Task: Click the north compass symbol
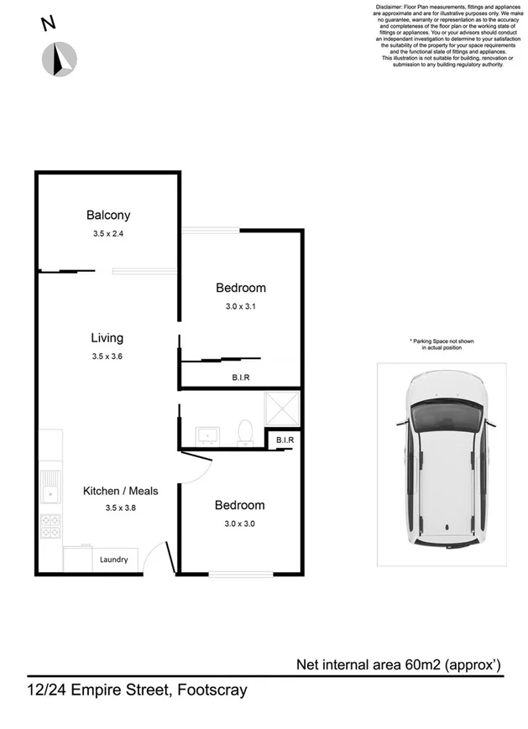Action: pos(60,57)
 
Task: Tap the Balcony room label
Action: pos(108,216)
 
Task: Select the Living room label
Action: pos(107,338)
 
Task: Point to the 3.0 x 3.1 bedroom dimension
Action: pos(240,306)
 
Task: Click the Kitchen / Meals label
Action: pos(120,491)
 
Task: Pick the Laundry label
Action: pos(113,560)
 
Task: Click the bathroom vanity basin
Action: pos(206,435)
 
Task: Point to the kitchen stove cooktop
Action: pos(50,525)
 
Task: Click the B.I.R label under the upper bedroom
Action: pos(241,378)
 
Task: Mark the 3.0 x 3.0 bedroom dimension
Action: pos(239,523)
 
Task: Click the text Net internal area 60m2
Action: pos(399,665)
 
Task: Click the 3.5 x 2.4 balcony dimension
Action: pos(108,234)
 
